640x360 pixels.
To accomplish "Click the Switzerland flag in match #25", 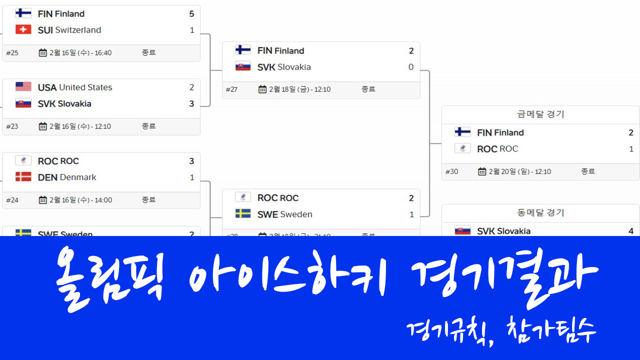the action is pyautogui.click(x=23, y=30).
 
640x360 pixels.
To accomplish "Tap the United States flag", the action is pyautogui.click(x=23, y=87).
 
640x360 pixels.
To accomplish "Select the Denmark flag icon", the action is pyautogui.click(x=23, y=177).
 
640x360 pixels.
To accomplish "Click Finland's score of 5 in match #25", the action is pyautogui.click(x=191, y=14).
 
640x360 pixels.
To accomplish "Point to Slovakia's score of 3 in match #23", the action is pyautogui.click(x=191, y=104).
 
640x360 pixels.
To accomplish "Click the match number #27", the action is pyautogui.click(x=231, y=89).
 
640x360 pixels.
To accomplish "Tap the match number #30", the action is pyautogui.click(x=451, y=171).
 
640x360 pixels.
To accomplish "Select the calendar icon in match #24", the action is pyautogui.click(x=43, y=200).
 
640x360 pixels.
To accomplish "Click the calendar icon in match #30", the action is pyautogui.click(x=482, y=171).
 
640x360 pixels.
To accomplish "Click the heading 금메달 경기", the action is pyautogui.click(x=540, y=114).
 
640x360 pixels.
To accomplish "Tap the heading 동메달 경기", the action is pyautogui.click(x=540, y=213).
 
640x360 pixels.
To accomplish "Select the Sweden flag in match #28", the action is pyautogui.click(x=243, y=214).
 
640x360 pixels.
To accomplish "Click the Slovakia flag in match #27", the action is pyautogui.click(x=243, y=67).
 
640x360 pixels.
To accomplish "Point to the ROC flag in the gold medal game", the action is pyautogui.click(x=462, y=148).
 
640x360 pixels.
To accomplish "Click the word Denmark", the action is pyautogui.click(x=78, y=177).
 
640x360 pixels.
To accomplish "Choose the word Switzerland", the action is pyautogui.click(x=78, y=30).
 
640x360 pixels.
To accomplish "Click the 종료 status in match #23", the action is pyautogui.click(x=148, y=126).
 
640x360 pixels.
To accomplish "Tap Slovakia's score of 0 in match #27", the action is pyautogui.click(x=411, y=67).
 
